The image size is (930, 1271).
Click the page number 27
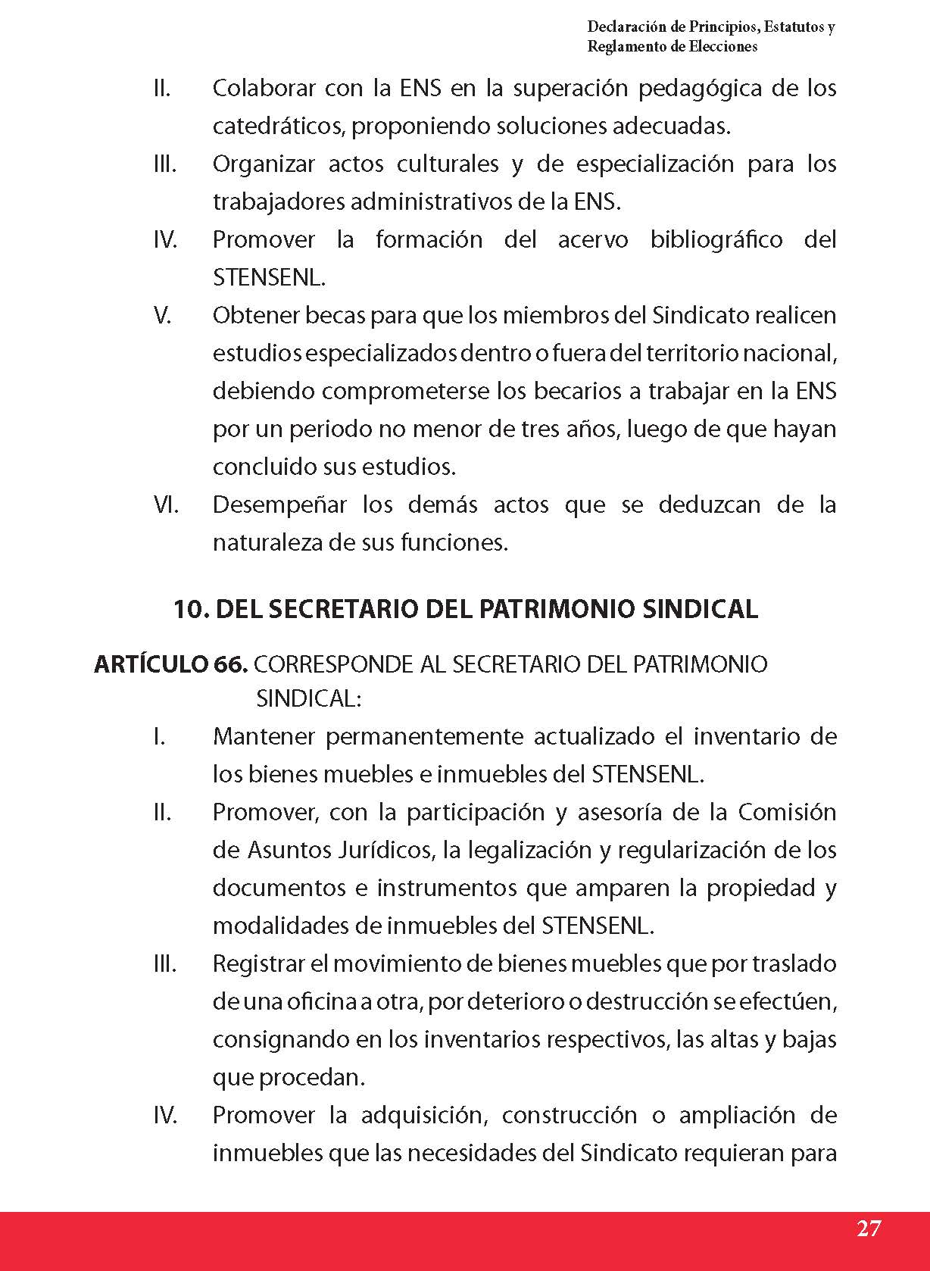click(x=869, y=1228)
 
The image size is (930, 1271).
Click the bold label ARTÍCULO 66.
click(x=170, y=664)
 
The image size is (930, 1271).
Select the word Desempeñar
click(x=279, y=504)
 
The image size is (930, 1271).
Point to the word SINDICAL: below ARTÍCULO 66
click(x=309, y=698)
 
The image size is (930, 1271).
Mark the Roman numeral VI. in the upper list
click(x=165, y=504)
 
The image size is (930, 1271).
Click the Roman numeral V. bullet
click(x=162, y=315)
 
